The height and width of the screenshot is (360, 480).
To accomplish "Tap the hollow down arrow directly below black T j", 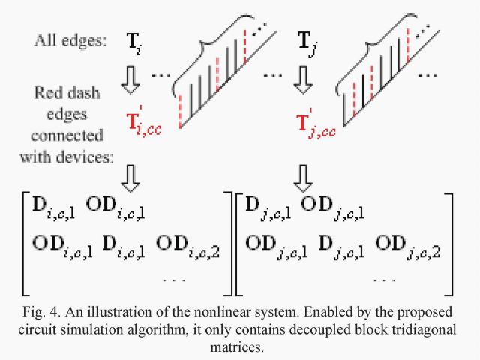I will [303, 80].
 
